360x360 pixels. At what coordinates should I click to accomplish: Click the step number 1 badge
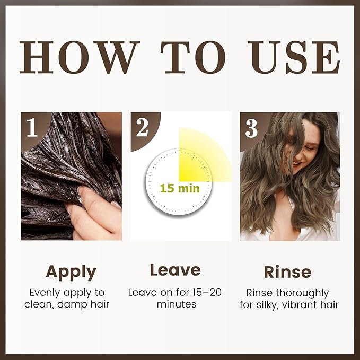(x=32, y=128)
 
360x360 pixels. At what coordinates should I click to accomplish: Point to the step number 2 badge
(x=142, y=128)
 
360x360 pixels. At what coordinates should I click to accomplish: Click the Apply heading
(x=71, y=271)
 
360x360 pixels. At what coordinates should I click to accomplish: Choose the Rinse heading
(x=287, y=271)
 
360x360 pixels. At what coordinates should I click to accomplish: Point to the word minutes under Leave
(x=177, y=304)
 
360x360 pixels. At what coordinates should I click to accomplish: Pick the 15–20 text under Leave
(x=208, y=292)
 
